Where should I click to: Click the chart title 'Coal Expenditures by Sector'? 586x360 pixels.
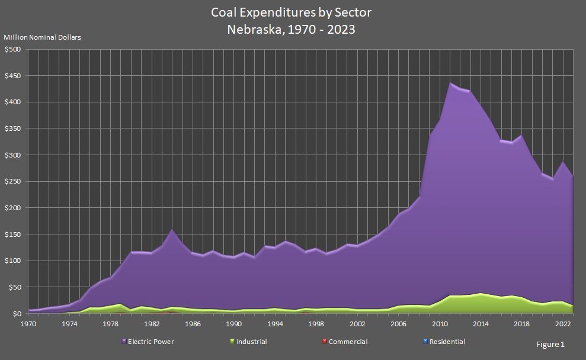[292, 12]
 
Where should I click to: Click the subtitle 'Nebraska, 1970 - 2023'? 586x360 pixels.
[292, 29]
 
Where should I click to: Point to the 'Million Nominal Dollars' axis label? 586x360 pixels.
[43, 37]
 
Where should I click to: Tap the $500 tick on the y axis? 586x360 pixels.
[12, 50]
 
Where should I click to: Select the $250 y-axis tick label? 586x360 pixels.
[12, 182]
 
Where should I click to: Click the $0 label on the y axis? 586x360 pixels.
[17, 314]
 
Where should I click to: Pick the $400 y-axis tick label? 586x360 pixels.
[12, 102]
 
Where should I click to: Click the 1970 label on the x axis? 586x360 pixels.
[28, 324]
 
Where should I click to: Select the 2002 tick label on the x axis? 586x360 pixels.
[357, 324]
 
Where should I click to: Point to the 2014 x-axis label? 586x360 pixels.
[480, 324]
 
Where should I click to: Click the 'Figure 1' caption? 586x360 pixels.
[550, 344]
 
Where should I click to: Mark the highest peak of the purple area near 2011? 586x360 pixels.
[450, 83]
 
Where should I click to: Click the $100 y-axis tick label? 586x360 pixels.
[12, 261]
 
